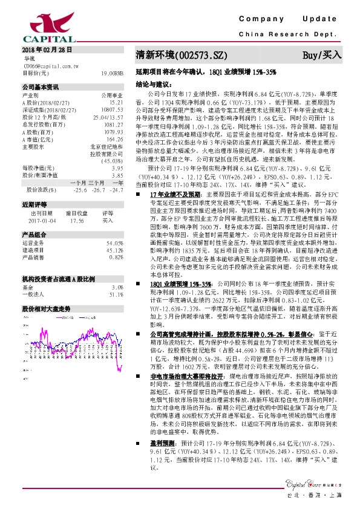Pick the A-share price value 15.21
(117, 102)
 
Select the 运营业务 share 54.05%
(114, 242)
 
